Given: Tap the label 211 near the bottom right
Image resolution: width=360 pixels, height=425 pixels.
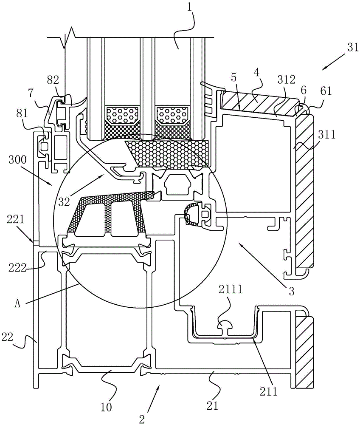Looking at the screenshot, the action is click(269, 391).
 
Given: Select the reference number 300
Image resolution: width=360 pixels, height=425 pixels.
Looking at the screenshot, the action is click(17, 160).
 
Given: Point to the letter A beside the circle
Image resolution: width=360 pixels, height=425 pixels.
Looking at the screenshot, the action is click(17, 304).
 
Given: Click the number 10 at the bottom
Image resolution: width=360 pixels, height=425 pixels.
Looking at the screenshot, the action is click(106, 407).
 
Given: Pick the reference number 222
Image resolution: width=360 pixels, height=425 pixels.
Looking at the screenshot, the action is click(17, 268).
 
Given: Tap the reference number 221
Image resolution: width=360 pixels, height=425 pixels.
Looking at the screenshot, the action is click(15, 219).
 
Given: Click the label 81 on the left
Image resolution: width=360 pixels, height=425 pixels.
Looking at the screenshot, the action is click(22, 113).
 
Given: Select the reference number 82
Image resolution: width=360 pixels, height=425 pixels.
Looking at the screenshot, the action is click(53, 81).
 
